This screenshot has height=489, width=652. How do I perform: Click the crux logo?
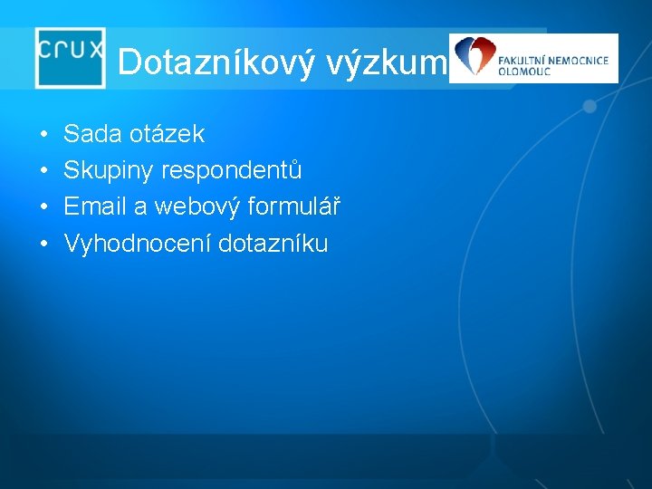(x=71, y=57)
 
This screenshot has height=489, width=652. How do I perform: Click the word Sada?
(x=93, y=135)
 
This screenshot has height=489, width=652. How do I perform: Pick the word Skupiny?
(x=109, y=171)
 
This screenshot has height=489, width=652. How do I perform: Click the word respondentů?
(x=232, y=171)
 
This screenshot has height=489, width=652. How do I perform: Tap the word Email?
(x=95, y=207)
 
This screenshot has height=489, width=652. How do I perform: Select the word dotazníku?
(x=273, y=244)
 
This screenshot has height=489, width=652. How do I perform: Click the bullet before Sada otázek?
(x=43, y=136)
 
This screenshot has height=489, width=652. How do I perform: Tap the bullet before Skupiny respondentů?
(x=43, y=172)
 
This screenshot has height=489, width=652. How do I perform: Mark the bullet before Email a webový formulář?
(x=43, y=208)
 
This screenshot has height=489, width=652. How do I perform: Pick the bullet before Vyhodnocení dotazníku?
(x=43, y=244)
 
